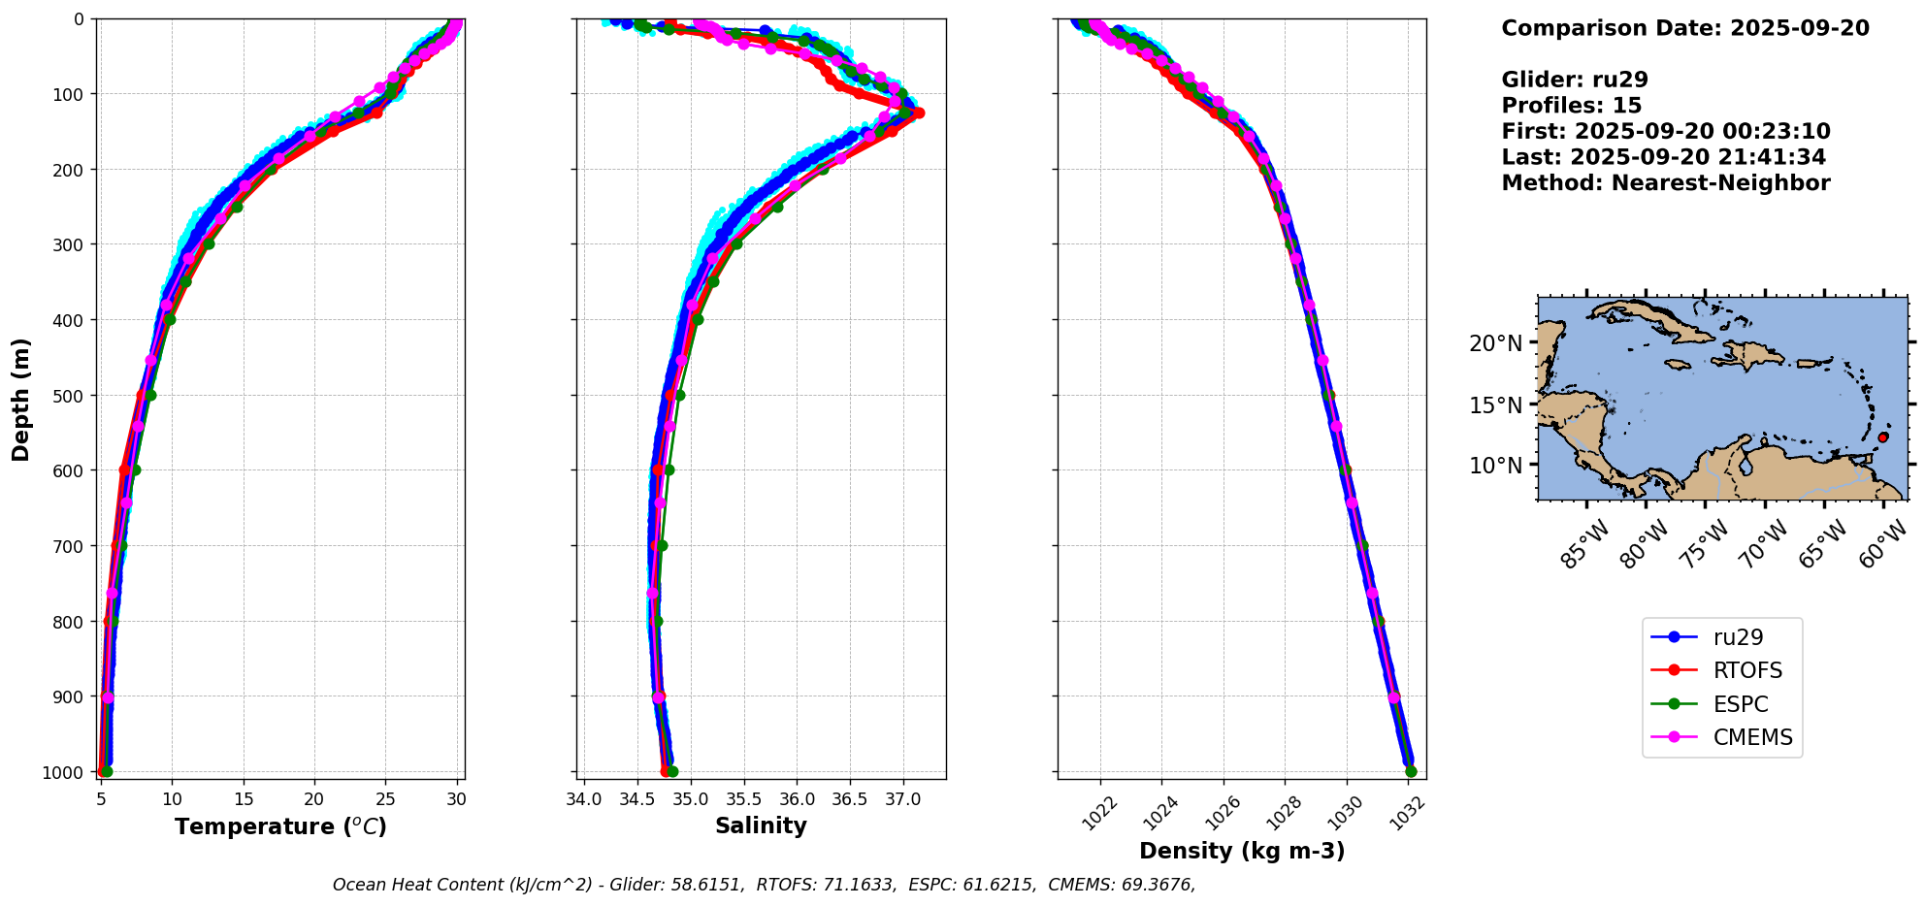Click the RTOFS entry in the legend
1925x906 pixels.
tap(1747, 671)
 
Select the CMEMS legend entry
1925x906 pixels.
tap(1752, 737)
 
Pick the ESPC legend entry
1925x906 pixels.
tap(1741, 704)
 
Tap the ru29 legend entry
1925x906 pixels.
tap(1738, 637)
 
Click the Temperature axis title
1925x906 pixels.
tap(280, 826)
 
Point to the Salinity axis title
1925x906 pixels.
tap(761, 825)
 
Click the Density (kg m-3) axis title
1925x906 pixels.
tap(1241, 851)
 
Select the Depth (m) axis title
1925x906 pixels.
tap(21, 399)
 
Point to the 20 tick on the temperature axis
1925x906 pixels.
tap(313, 799)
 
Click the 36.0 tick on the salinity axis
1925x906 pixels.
tap(797, 799)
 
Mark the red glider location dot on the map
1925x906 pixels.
tap(1882, 437)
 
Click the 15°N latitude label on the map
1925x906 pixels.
tap(1495, 404)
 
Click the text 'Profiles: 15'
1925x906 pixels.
tap(1571, 106)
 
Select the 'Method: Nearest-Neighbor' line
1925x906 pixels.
tap(1665, 182)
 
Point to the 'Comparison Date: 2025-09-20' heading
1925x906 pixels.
tap(1684, 28)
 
